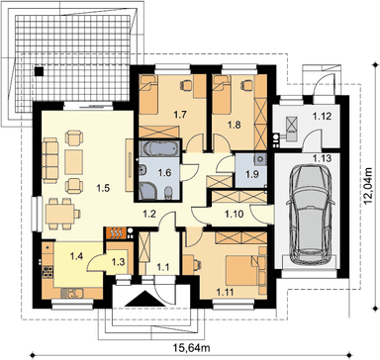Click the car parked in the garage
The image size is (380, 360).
[311, 215]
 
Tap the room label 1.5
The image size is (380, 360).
[103, 188]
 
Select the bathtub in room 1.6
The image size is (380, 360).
[158, 149]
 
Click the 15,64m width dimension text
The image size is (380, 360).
[192, 347]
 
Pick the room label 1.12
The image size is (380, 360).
[322, 116]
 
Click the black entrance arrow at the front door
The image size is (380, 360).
[142, 300]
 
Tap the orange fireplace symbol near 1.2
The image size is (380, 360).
[116, 232]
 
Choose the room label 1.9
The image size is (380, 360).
[252, 174]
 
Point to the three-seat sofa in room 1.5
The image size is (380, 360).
[50, 160]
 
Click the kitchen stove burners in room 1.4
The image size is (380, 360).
[47, 271]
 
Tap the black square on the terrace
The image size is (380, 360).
[40, 71]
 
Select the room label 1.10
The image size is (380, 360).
[235, 214]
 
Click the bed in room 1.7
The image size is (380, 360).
[148, 96]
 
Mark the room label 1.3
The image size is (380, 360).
[118, 262]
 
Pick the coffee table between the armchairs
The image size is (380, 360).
[73, 162]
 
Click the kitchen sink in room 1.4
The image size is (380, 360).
[72, 292]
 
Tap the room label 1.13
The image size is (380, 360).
[323, 158]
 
